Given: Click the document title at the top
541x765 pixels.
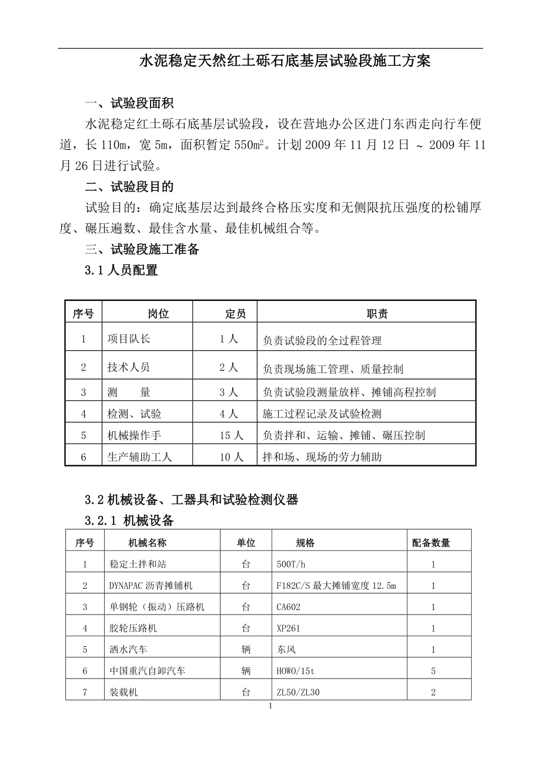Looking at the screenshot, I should [x=285, y=61].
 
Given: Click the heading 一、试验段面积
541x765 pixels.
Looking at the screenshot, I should [x=129, y=104].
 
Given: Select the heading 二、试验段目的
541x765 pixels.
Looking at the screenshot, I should [x=129, y=187].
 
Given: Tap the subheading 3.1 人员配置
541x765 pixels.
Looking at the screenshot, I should [x=122, y=271].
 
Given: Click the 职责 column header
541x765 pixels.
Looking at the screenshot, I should [x=377, y=314].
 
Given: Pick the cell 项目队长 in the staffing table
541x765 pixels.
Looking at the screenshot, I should [x=129, y=339].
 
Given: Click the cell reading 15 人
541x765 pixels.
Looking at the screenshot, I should [x=231, y=435].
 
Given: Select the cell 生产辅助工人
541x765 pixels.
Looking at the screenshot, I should [x=140, y=457].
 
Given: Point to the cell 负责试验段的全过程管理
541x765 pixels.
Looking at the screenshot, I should [x=322, y=340].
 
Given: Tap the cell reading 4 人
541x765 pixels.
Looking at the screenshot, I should [x=229, y=414].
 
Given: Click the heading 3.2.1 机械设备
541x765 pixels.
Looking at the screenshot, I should [x=129, y=521].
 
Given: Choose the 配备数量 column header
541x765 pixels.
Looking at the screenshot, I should [x=431, y=543].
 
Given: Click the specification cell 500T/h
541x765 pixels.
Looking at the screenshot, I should [x=291, y=564].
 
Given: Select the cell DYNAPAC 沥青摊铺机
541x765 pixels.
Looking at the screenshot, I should [x=151, y=586].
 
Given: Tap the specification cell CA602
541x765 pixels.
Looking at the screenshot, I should [x=289, y=607].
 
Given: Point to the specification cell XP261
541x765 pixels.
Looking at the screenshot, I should [x=288, y=628].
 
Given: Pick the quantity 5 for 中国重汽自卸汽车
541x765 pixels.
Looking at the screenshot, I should [x=433, y=671].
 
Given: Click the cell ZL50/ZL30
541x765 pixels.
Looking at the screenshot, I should [x=298, y=692].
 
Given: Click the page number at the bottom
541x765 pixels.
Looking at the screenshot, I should [x=270, y=706].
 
